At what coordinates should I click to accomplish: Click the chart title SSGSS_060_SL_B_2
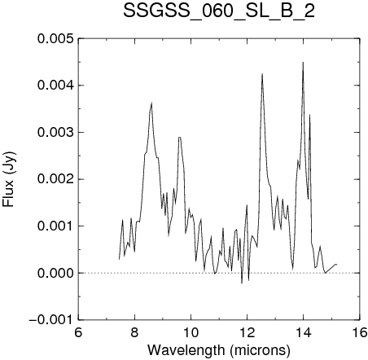(219, 11)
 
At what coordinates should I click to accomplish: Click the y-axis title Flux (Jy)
(8, 179)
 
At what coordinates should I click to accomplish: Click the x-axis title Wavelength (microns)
(219, 350)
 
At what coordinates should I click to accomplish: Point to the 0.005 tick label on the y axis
(55, 38)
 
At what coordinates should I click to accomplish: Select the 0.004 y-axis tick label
(55, 86)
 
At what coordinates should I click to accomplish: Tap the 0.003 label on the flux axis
(55, 133)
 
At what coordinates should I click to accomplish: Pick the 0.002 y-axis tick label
(55, 179)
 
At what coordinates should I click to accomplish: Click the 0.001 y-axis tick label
(55, 226)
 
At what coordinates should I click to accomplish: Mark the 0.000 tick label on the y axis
(55, 273)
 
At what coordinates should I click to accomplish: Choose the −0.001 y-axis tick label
(51, 320)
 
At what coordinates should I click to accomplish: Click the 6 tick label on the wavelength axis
(78, 332)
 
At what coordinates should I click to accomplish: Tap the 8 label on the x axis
(134, 332)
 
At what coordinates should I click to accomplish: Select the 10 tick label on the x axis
(191, 332)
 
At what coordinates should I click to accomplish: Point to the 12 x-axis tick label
(248, 332)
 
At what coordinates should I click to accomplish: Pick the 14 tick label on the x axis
(304, 332)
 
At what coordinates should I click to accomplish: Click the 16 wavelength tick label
(360, 332)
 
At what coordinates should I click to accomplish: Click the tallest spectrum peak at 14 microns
(303, 63)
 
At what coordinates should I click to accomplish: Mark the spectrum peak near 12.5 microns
(262, 74)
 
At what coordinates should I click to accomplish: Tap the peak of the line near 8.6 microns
(151, 103)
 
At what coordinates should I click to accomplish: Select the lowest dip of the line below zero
(242, 283)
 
